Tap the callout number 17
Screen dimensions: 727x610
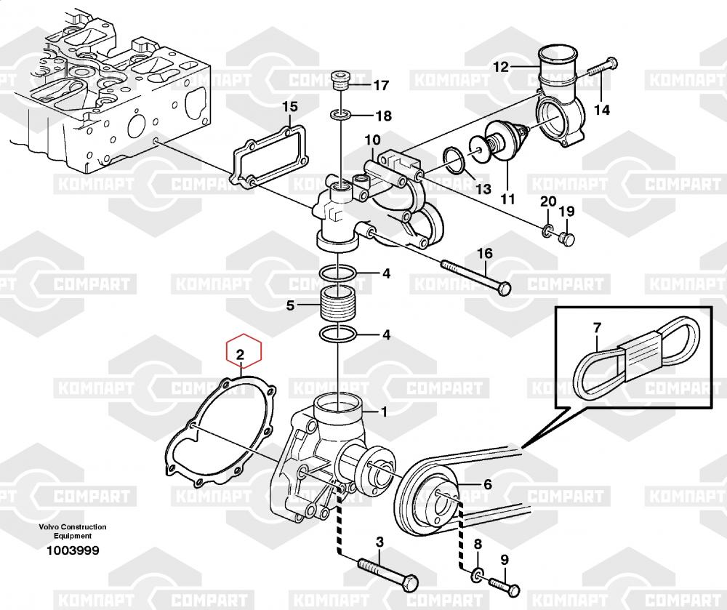click(381, 85)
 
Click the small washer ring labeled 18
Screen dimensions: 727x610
click(341, 114)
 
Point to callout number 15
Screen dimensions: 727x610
click(290, 107)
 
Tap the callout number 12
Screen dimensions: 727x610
click(501, 67)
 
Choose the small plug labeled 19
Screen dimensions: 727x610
click(567, 239)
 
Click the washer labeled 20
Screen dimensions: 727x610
click(547, 230)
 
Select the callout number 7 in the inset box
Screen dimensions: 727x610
click(597, 328)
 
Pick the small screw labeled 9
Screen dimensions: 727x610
click(505, 585)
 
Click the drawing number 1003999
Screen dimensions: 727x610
click(72, 550)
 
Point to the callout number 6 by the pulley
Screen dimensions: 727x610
click(488, 484)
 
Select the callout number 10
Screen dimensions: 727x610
click(372, 140)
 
